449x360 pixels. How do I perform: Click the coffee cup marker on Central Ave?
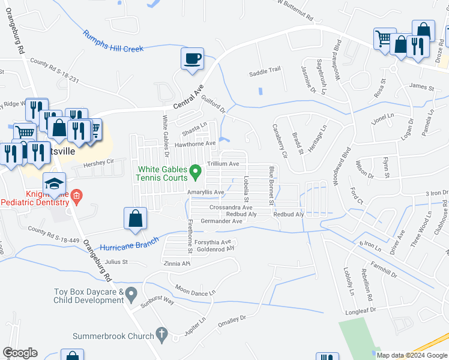(x=192, y=59)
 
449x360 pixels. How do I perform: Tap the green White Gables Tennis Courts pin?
(x=195, y=173)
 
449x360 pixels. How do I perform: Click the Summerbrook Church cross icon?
(x=161, y=333)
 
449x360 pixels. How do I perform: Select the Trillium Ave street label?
(x=223, y=164)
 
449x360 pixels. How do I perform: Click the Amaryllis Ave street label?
(x=205, y=192)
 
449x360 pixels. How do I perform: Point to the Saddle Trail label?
(x=265, y=70)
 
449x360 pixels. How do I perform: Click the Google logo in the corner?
(x=20, y=353)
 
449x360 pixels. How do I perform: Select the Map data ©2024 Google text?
(x=412, y=355)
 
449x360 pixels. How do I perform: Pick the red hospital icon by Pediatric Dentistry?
(x=76, y=196)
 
